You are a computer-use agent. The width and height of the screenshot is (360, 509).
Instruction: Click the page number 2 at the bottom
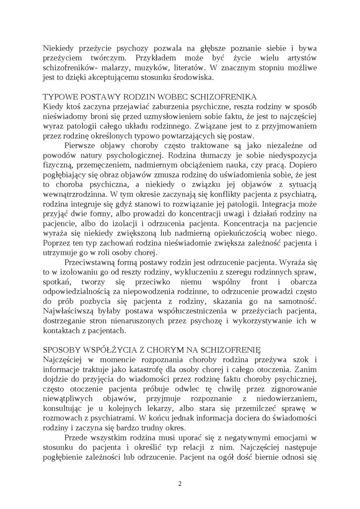pos(180,483)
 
